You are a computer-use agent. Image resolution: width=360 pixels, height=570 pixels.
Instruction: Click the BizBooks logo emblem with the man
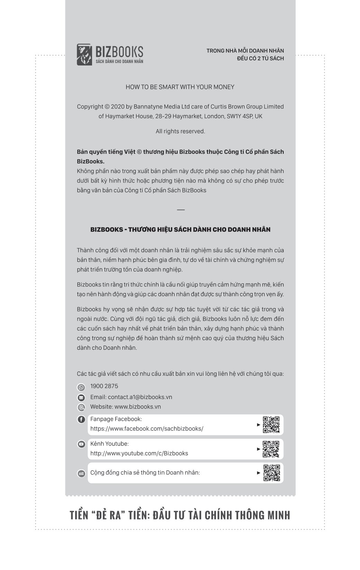(x=84, y=54)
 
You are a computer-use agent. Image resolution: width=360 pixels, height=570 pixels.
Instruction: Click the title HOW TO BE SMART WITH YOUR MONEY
(x=180, y=87)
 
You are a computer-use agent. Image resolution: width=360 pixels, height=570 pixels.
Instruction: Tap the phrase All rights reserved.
(x=180, y=131)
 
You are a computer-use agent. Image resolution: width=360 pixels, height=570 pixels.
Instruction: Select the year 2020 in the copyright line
(x=118, y=107)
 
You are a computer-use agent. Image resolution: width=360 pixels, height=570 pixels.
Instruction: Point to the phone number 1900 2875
(x=104, y=386)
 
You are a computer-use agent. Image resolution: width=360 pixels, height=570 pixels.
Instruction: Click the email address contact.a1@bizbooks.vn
(x=140, y=397)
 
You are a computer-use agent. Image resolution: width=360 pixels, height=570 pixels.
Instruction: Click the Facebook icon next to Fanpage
(x=81, y=420)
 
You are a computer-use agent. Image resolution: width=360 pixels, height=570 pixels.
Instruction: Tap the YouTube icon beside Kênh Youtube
(x=81, y=444)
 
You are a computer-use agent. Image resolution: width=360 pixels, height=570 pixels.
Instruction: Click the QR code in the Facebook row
(x=271, y=425)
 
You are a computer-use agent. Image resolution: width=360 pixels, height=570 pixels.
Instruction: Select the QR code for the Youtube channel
(x=271, y=449)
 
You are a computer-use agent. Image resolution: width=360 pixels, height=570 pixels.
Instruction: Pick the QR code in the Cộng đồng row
(x=272, y=473)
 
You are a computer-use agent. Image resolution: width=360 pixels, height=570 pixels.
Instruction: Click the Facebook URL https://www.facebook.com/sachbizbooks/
(x=147, y=429)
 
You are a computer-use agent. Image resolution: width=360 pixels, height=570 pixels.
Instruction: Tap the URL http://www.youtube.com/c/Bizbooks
(x=139, y=453)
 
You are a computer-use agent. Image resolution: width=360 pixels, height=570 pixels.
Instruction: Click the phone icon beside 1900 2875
(x=81, y=388)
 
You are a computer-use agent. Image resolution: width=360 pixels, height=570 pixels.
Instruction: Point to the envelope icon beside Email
(x=81, y=398)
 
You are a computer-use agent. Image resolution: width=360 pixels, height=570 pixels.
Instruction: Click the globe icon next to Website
(x=81, y=407)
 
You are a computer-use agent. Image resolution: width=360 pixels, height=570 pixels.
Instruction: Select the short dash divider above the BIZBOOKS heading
(x=181, y=210)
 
